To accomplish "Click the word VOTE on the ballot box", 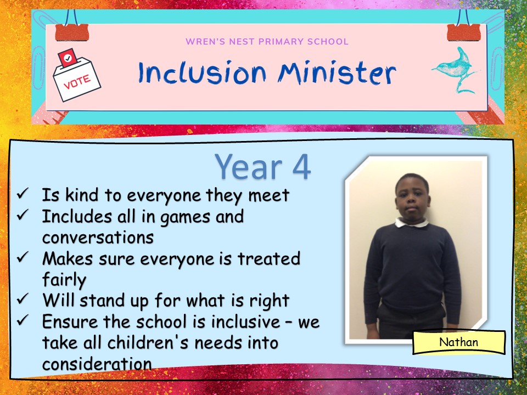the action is coord(77,82).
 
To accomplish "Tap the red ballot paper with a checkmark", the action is coord(68,58).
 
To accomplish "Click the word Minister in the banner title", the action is coord(337,73).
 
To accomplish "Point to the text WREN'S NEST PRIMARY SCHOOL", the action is coord(267,42).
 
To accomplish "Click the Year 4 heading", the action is coord(262,167).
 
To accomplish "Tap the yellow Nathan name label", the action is coord(459,342).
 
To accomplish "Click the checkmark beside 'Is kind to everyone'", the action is coord(23,194).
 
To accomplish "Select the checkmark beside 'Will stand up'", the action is coord(23,298).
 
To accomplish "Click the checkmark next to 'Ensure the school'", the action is coord(23,320).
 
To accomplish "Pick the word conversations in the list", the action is coord(98,238).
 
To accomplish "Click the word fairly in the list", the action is coord(64,280).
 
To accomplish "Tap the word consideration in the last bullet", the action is coord(97,364).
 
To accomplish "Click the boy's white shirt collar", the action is coord(412,222).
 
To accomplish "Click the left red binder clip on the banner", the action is coord(72,32).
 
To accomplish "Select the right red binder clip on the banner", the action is coord(463,32).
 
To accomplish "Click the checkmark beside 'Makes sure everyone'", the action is coord(23,257).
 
